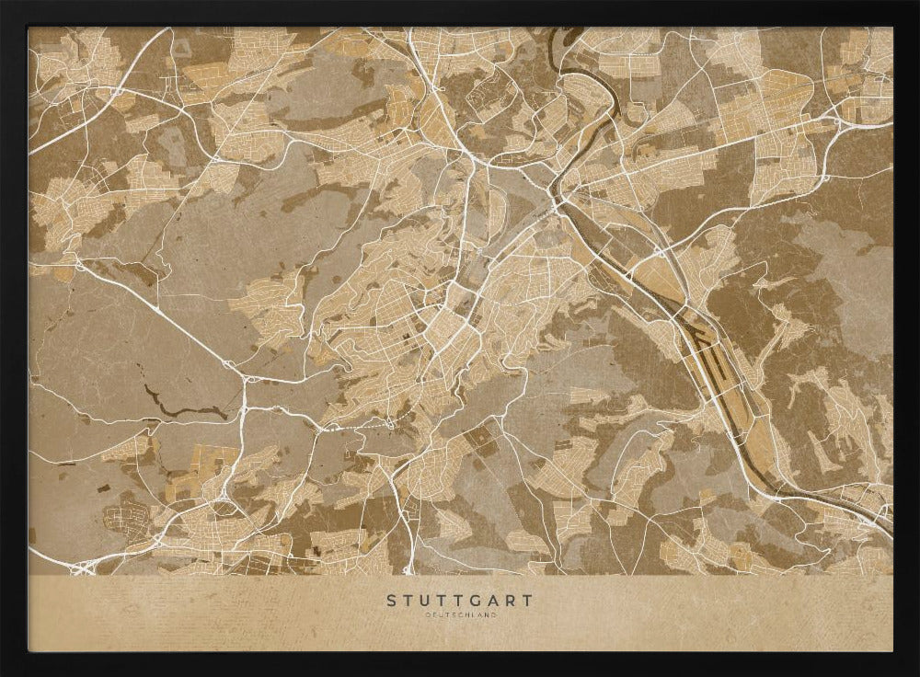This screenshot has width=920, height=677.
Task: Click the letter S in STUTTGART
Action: point(391,601)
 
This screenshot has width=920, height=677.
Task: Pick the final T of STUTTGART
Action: point(528,601)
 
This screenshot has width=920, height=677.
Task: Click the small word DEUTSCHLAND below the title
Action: point(459,614)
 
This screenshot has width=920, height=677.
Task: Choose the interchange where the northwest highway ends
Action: point(244,377)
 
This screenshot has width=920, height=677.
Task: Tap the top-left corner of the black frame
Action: point(4,4)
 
